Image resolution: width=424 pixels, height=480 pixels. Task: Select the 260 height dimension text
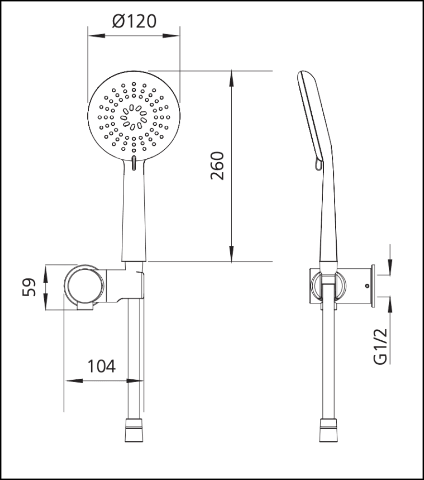pos(217,166)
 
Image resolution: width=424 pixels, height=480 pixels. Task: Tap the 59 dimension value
pos(30,288)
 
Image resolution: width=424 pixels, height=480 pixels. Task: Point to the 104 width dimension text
pos(101,367)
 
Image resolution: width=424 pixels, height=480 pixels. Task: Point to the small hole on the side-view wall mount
pos(367,286)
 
